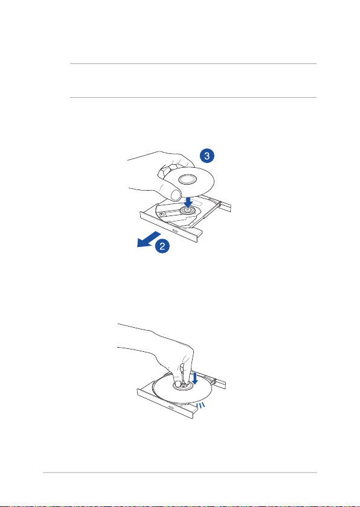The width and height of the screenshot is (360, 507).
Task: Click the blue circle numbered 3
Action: [207, 156]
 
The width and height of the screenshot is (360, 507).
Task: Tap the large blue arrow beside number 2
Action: [149, 239]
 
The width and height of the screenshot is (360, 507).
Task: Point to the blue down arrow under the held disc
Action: [187, 202]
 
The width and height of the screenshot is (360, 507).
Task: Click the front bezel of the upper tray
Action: [172, 228]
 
